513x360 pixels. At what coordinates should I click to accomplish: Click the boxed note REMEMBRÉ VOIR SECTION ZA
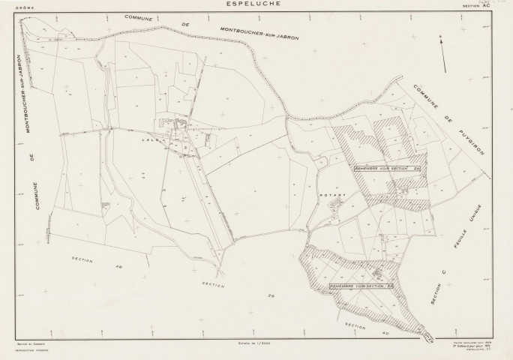point(389,169)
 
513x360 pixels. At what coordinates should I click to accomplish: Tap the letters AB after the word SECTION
point(117,265)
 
